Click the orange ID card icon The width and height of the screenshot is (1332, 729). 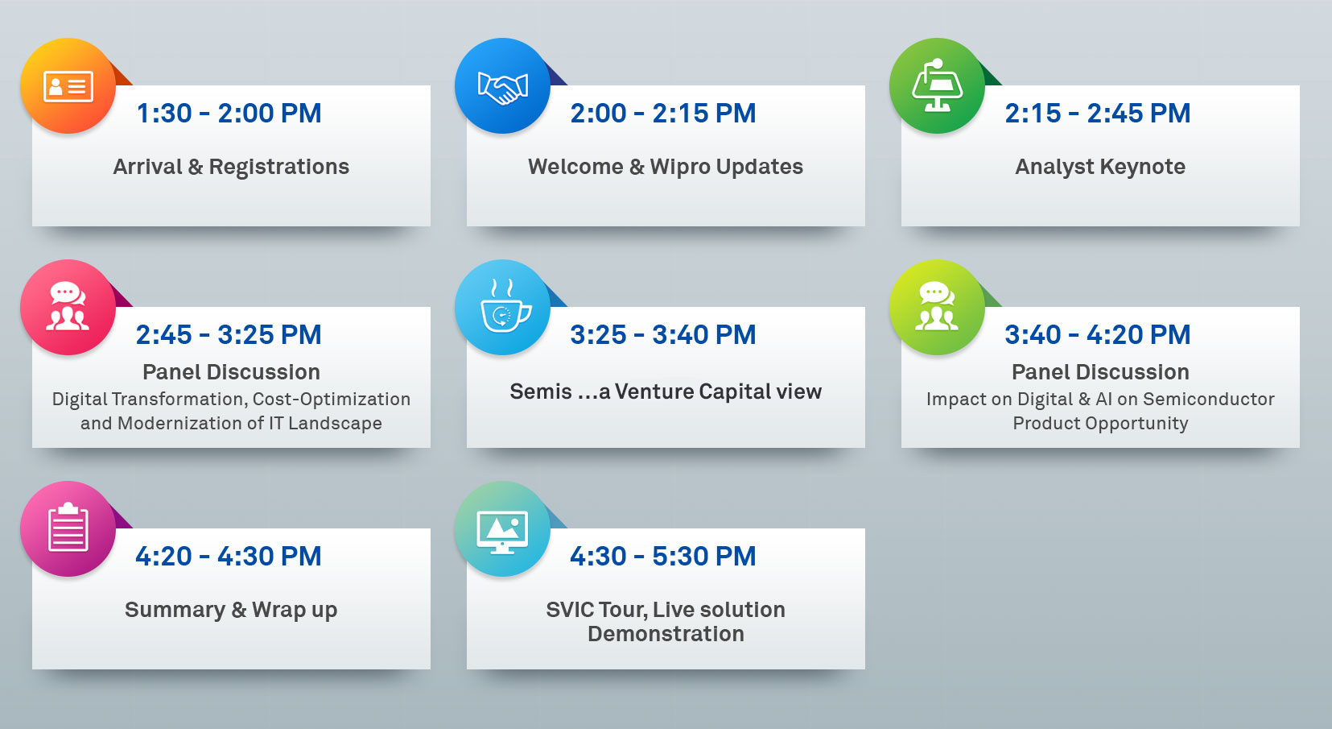coord(68,87)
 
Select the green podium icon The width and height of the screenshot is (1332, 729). coord(937,85)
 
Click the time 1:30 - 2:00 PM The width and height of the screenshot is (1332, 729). coord(229,113)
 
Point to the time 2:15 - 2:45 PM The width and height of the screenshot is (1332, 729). coord(1098,113)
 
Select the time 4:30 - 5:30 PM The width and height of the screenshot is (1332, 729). coord(663,557)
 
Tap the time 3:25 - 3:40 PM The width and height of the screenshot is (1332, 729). coord(663,334)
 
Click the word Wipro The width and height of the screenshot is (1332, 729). coord(680,168)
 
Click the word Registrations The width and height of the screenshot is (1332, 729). coord(279,168)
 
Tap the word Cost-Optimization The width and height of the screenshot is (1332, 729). coord(332,399)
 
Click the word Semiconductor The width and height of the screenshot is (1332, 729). coord(1209,399)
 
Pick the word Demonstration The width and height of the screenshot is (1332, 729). coord(666,635)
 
